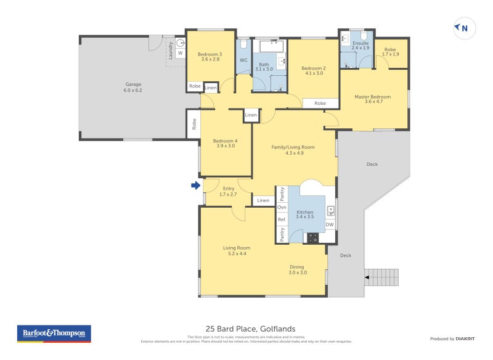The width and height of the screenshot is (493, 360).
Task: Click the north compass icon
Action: (x=462, y=28)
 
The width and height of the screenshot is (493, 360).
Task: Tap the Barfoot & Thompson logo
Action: (x=54, y=333)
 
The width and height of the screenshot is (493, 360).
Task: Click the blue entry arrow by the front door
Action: (x=195, y=185)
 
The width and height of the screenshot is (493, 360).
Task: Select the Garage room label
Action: (x=133, y=84)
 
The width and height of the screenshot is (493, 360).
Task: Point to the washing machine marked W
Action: (x=181, y=53)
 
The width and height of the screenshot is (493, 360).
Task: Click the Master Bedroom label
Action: (x=372, y=97)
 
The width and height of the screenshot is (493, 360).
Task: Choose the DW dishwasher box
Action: (x=330, y=224)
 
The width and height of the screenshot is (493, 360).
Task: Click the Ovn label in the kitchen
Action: (x=282, y=208)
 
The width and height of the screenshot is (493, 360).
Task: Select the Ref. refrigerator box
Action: (x=282, y=220)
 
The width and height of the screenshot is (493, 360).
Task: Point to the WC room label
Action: (x=243, y=60)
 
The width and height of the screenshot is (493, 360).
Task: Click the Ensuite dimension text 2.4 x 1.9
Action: (x=361, y=48)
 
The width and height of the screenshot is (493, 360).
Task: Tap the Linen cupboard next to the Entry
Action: (x=263, y=200)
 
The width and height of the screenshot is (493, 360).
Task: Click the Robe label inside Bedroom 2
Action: (x=320, y=104)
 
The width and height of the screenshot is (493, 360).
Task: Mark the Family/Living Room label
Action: (x=293, y=147)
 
